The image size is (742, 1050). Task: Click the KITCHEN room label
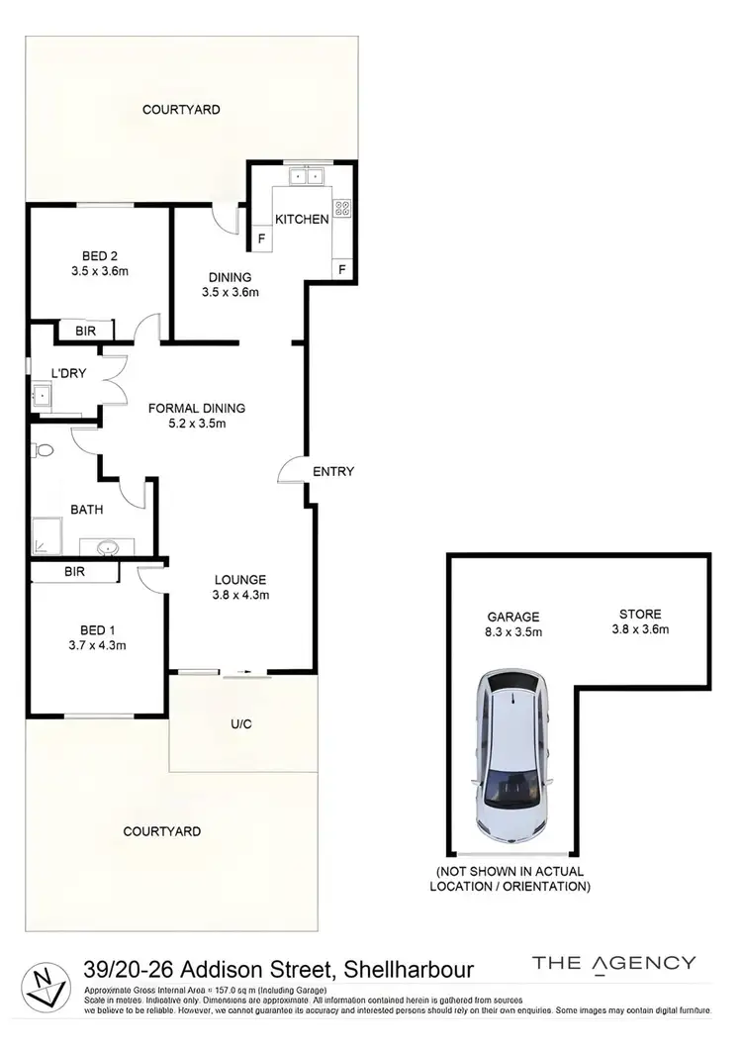pos(302,219)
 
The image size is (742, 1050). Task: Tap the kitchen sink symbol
pos(307,177)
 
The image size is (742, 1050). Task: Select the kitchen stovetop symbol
pos(342,208)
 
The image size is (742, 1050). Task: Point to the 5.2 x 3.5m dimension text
pos(197,424)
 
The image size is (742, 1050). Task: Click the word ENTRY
pos(333,472)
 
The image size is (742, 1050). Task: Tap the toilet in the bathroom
pos(42,450)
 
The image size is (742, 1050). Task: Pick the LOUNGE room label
pos(241,580)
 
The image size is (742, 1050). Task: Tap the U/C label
pos(241,723)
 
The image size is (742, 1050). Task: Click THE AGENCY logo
pos(613,963)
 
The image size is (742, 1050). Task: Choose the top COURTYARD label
pos(181,110)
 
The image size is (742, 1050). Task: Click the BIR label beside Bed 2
pos(86,331)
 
